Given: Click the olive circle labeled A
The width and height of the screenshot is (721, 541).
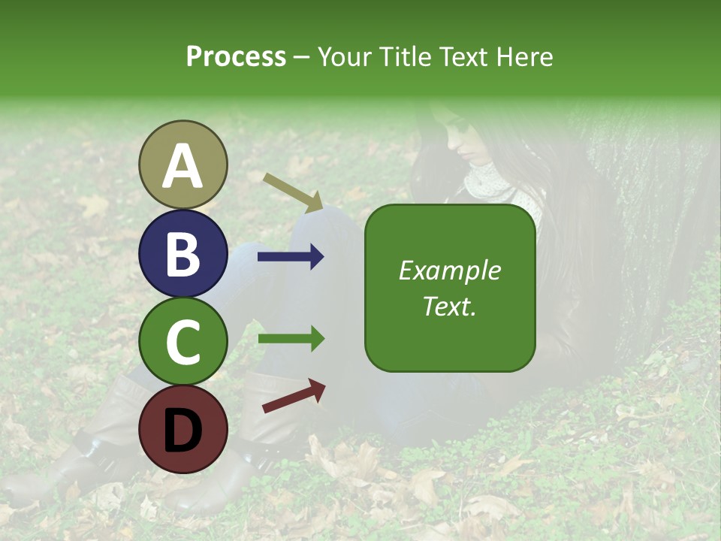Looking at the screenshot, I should click(x=183, y=165).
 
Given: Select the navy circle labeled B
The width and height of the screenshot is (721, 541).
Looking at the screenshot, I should click(x=183, y=253).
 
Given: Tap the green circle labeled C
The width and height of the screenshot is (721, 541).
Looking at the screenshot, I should click(x=183, y=342).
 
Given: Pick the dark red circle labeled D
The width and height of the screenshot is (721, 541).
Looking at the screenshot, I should click(x=183, y=429).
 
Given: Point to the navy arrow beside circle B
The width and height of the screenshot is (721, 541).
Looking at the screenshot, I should click(x=291, y=257).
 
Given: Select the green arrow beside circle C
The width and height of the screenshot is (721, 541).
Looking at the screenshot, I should click(x=291, y=338).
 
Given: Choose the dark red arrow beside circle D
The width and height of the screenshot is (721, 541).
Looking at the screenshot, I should click(x=294, y=396).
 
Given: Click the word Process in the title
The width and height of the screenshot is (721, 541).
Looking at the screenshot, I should click(x=236, y=56).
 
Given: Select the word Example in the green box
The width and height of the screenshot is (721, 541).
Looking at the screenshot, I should click(x=449, y=270).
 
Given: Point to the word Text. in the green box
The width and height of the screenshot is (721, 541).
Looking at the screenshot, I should click(x=449, y=306).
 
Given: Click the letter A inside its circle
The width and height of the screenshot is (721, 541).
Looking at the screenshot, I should click(x=183, y=166).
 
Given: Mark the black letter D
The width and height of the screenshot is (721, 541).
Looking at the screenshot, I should click(x=183, y=430).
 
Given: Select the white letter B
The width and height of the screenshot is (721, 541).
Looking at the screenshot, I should click(x=183, y=254).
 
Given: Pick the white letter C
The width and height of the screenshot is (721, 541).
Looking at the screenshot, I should click(x=183, y=342).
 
